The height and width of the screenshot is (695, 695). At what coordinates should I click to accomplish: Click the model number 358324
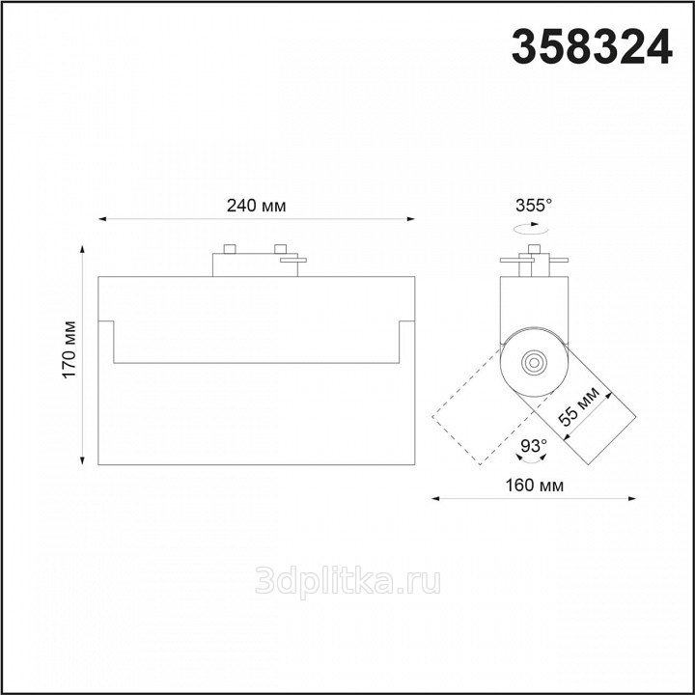pos(592,47)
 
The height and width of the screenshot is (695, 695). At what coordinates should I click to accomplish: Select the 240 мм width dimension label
pos(256,206)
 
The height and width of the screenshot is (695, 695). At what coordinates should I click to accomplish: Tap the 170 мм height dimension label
pos(69,349)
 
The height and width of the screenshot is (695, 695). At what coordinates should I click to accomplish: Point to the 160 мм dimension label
pos(535,486)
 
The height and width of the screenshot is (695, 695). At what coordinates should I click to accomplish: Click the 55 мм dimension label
pos(579,406)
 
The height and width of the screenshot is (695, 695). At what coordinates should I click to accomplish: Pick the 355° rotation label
pos(534,206)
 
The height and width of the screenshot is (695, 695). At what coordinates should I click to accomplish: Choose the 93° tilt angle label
pos(534,445)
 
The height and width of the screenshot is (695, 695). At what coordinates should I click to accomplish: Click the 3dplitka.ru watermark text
pos(347,581)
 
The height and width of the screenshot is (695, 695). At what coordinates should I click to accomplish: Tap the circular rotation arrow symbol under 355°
pos(531,229)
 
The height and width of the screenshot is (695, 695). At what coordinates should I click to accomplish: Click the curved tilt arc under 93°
pos(532,461)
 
